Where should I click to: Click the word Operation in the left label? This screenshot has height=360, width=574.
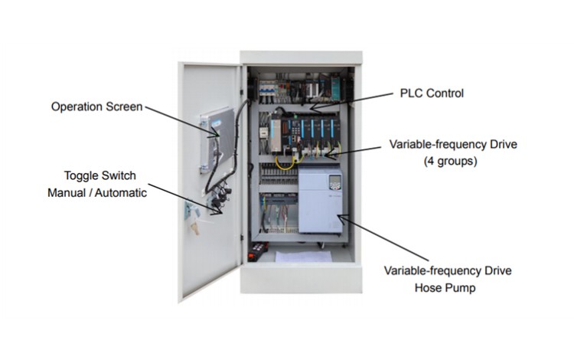pos(76,106)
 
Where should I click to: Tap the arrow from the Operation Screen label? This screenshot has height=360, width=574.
pos(181,122)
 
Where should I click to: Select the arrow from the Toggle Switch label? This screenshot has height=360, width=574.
pos(184,197)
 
